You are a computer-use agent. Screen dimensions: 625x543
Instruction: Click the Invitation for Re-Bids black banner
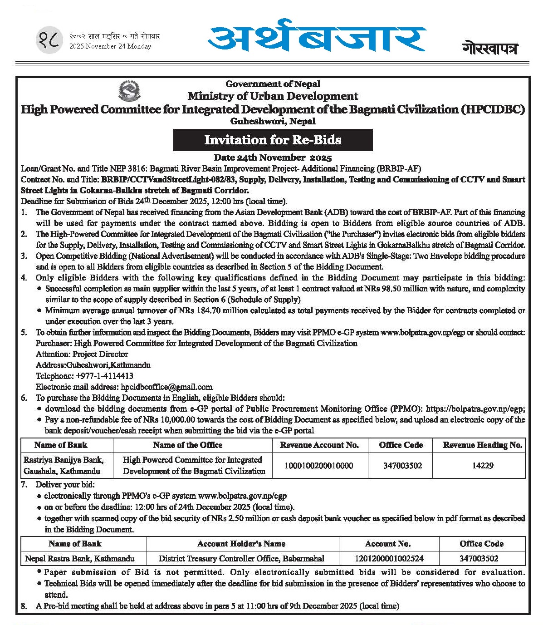click(x=273, y=140)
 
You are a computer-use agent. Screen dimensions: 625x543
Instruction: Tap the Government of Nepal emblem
click(x=129, y=90)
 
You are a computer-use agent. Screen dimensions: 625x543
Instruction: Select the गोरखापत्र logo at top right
click(x=490, y=48)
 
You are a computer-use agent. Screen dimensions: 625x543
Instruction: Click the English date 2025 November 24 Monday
click(x=110, y=46)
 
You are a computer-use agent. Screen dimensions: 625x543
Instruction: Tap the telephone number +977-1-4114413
click(x=104, y=376)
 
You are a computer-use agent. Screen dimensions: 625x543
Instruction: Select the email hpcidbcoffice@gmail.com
click(x=166, y=387)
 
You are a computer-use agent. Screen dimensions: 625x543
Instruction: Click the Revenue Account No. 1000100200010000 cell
click(x=319, y=465)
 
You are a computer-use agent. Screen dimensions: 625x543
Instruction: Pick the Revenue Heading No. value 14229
click(x=482, y=465)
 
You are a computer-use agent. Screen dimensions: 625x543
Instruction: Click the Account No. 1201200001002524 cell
click(x=388, y=559)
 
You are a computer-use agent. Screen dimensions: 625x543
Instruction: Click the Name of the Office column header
click(x=188, y=445)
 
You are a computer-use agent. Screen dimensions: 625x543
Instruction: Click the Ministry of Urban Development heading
click(x=273, y=96)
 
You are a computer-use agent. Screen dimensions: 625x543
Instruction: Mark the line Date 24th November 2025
click(x=273, y=158)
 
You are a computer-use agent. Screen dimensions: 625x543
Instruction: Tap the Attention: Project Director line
click(x=82, y=354)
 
